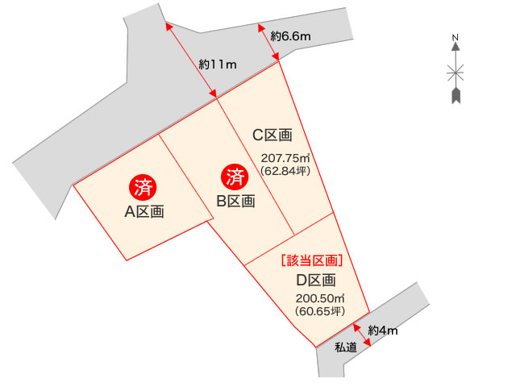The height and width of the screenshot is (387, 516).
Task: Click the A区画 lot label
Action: point(144,212)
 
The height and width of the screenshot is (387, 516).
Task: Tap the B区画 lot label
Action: point(235,201)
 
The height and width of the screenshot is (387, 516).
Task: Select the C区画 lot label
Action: point(273,135)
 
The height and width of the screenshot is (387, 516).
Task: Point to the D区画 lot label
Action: point(315,281)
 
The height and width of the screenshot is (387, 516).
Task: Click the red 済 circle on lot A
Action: point(144,188)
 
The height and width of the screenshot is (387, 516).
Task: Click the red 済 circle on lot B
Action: point(235,176)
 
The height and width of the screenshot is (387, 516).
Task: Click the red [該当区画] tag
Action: point(311,260)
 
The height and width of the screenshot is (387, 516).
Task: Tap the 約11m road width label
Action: point(217,64)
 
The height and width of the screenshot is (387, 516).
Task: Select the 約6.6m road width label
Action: point(291,35)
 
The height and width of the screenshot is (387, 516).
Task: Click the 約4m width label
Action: point(384,330)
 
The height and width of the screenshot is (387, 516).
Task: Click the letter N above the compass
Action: point(456,37)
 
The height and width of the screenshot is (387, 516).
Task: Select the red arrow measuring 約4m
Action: point(362,335)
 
